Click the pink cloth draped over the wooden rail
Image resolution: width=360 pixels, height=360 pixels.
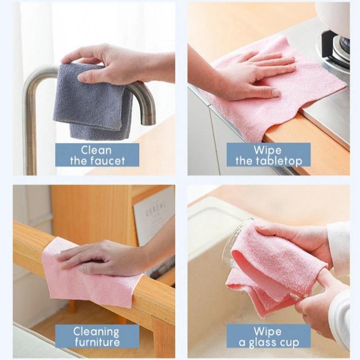[x=85, y=279]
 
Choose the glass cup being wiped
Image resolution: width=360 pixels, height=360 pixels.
[x=234, y=243]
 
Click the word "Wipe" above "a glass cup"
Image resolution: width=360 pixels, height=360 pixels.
[x=268, y=332]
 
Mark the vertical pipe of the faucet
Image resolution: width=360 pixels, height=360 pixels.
[x=30, y=135]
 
